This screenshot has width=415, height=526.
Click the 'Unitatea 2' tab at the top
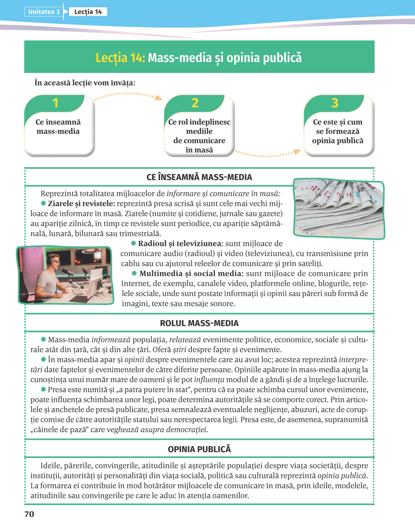[x=44, y=12]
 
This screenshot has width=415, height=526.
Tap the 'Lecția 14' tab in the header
[x=88, y=12]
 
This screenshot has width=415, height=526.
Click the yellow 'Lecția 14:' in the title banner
[x=120, y=57]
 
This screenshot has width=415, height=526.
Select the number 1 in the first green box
[x=55, y=103]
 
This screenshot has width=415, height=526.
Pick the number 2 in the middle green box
[x=195, y=103]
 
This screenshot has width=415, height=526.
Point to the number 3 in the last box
[x=334, y=103]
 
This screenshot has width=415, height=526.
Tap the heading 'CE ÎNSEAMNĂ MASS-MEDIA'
[x=199, y=177]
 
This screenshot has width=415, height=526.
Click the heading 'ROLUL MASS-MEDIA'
[x=199, y=323]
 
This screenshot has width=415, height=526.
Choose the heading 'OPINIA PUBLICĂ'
[x=199, y=449]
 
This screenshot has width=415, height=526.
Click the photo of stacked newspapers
[x=339, y=209]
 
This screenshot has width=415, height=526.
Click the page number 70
[x=29, y=514]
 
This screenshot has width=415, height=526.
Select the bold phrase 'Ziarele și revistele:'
[x=81, y=204]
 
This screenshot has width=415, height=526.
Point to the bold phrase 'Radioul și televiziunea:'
[x=181, y=244]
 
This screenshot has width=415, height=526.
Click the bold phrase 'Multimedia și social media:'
[x=191, y=273]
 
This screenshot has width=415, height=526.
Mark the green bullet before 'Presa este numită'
[x=43, y=390]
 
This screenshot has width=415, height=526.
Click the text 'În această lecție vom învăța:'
[x=85, y=83]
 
